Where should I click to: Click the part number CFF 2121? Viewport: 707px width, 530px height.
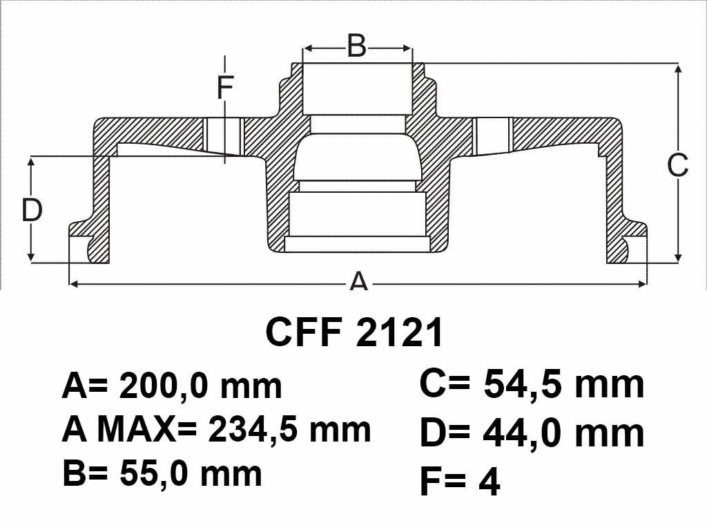[354, 332]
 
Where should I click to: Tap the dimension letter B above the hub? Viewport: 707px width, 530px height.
[357, 46]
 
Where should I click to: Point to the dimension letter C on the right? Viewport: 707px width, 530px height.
[677, 164]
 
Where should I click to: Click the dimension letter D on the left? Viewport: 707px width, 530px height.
[32, 209]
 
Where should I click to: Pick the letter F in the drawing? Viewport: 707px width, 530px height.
[225, 87]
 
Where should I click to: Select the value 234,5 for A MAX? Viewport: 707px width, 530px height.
[254, 429]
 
